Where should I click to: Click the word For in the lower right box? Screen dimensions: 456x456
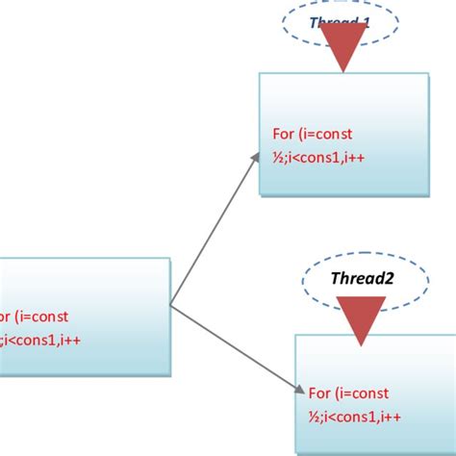318,392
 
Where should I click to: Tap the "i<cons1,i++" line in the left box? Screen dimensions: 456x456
48,339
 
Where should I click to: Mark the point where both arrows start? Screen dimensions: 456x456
171,306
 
